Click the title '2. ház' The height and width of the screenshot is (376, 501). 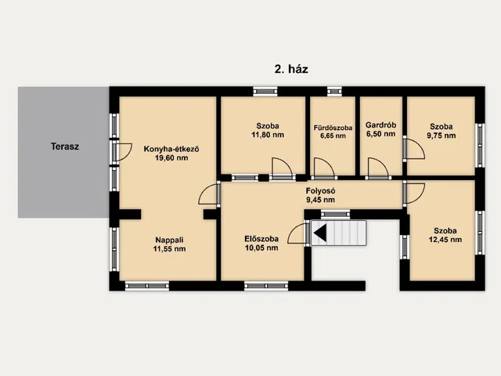[x=291, y=69]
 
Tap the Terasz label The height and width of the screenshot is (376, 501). [x=65, y=146]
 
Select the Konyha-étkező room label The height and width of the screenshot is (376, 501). [x=171, y=149]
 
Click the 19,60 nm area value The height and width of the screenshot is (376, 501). [x=171, y=158]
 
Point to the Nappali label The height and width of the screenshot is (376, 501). [x=169, y=240]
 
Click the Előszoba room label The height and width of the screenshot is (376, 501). [x=261, y=238]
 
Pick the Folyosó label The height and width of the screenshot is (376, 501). [x=320, y=191]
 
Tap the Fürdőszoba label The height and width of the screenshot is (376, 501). [x=333, y=128]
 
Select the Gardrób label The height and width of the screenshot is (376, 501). [x=381, y=125]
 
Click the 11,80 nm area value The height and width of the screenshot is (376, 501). [x=268, y=135]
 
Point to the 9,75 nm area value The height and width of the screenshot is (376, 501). [x=442, y=136]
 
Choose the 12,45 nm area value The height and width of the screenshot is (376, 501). [x=445, y=240]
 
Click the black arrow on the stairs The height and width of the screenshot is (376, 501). [x=320, y=233]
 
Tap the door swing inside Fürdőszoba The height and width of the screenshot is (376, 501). [x=324, y=168]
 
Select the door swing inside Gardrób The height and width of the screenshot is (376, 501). [x=379, y=168]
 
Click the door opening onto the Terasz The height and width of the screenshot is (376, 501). [x=122, y=152]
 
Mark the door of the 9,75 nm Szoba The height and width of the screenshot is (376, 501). [x=414, y=148]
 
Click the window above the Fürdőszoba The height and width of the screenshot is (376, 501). [x=334, y=92]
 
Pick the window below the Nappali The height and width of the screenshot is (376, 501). [x=147, y=286]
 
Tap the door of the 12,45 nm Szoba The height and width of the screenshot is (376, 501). [x=414, y=193]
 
